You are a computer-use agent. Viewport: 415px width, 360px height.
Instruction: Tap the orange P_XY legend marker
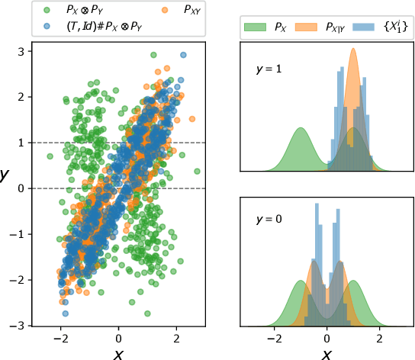click(x=145, y=11)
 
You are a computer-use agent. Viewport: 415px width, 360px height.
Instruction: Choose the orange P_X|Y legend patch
click(x=310, y=28)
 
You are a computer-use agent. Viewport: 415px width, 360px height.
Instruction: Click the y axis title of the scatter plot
click(x=6, y=175)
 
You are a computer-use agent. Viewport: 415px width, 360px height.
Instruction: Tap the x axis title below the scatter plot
click(x=118, y=353)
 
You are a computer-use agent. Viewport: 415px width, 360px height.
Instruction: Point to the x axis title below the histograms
click(x=327, y=353)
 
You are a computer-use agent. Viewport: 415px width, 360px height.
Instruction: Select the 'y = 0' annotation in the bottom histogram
click(x=269, y=220)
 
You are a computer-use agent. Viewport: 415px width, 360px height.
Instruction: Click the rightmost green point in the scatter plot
click(x=197, y=171)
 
